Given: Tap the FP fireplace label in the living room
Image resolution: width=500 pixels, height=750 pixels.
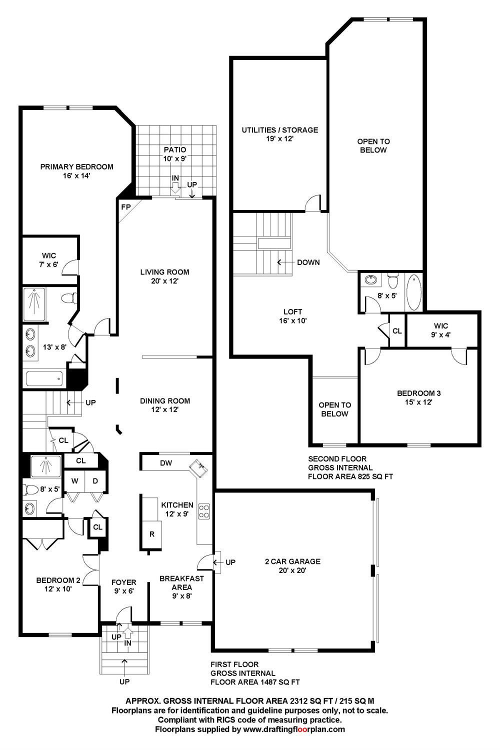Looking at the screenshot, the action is click(126, 207).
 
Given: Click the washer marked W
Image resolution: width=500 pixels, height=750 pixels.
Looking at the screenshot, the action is click(74, 481).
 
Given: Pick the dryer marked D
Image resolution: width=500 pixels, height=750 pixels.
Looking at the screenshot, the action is click(95, 481).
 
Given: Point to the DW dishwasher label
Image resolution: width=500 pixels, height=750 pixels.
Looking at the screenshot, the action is click(166, 463).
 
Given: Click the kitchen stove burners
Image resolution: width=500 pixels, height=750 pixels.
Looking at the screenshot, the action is click(204, 511).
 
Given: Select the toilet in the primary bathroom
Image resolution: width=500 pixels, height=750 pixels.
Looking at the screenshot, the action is click(69, 298).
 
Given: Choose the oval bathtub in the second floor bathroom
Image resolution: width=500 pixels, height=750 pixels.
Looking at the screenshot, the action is click(413, 292).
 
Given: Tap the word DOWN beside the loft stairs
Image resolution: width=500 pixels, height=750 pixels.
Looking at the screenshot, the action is click(308, 262).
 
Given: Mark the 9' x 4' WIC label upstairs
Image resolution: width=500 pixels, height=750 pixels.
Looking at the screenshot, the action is click(440, 330).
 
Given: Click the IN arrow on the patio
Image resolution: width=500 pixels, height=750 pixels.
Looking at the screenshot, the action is click(175, 188).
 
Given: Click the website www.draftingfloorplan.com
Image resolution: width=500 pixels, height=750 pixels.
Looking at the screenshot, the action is click(294, 729).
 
